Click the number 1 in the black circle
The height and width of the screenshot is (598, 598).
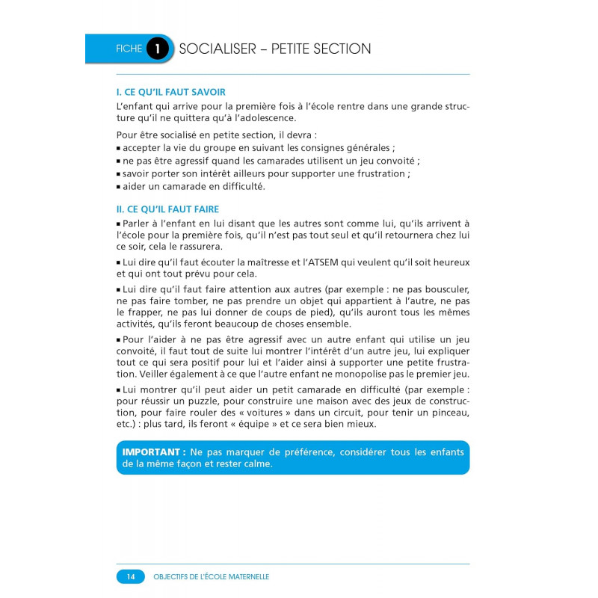click(x=158, y=49)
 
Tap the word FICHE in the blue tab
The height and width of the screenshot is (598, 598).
click(x=129, y=49)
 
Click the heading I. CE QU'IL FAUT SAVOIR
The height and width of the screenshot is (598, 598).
click(x=171, y=92)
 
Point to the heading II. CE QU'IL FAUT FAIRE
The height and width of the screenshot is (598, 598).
click(x=168, y=209)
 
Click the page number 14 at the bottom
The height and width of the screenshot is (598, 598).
click(x=130, y=576)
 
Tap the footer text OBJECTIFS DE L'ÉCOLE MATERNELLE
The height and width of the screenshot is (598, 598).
click(x=211, y=576)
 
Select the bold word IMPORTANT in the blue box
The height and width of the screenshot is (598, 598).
click(x=153, y=452)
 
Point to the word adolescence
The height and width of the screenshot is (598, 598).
click(x=267, y=118)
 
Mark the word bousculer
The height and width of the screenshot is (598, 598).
click(x=441, y=290)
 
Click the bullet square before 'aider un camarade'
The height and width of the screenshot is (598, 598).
click(x=119, y=187)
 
